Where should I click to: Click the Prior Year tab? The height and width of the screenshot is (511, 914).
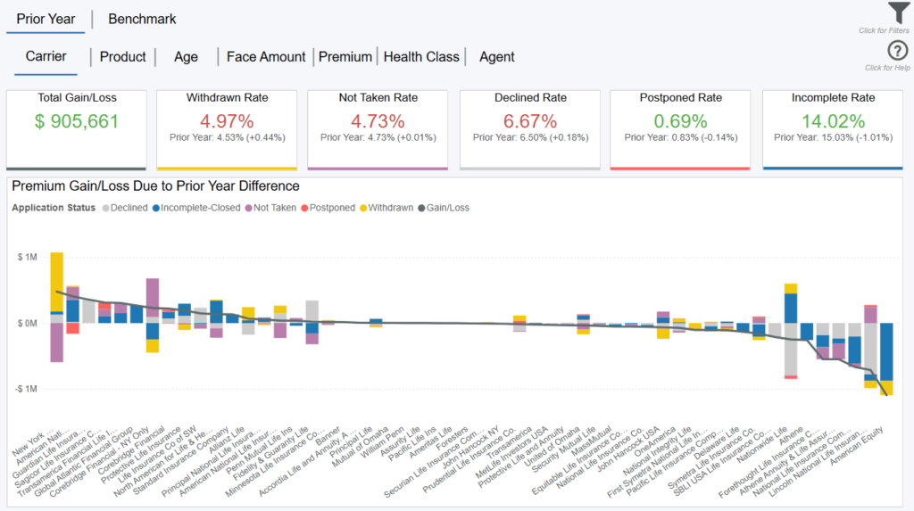[x=46, y=19]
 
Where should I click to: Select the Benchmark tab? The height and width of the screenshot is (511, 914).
[x=142, y=19]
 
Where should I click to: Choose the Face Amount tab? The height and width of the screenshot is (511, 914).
[x=266, y=57]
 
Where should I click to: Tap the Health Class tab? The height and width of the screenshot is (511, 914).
[x=421, y=57]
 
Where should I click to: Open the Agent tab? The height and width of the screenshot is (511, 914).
[x=497, y=57]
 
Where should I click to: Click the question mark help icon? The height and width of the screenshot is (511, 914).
[x=898, y=52]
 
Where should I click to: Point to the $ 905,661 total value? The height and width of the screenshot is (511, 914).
[x=77, y=121]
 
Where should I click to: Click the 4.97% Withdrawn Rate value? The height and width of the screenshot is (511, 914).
[x=227, y=121]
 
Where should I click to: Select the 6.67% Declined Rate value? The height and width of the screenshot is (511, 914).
[x=530, y=121]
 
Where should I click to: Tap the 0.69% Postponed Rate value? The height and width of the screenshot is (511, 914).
[x=680, y=121]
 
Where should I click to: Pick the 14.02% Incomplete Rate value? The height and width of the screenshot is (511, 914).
[x=833, y=121]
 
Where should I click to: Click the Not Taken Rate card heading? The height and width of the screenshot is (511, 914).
[x=378, y=97]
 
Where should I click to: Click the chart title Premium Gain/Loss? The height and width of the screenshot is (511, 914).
[x=155, y=186]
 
